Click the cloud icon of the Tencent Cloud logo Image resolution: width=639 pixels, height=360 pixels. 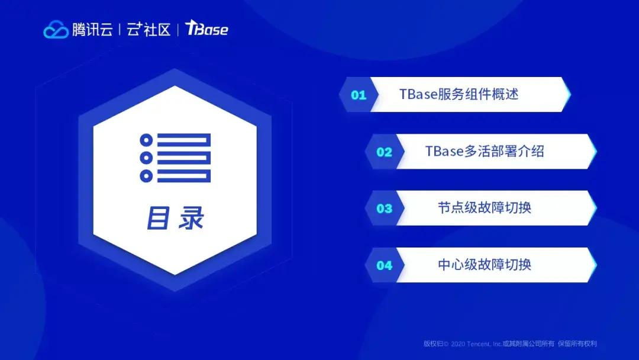(x=56, y=30)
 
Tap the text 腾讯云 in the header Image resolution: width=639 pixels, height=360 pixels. (x=92, y=30)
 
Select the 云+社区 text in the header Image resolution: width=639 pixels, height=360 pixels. (x=149, y=30)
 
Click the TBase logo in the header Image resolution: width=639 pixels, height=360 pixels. (x=206, y=28)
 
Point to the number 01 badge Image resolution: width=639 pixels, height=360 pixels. (x=359, y=95)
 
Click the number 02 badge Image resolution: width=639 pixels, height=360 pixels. (x=385, y=152)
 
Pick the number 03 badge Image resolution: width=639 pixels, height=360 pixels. (x=385, y=209)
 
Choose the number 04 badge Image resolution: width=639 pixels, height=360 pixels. (x=385, y=266)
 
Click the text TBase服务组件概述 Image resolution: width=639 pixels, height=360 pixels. (x=459, y=94)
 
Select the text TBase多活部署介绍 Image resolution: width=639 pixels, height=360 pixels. (x=485, y=151)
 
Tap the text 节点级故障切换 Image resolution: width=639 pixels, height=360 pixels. (x=485, y=208)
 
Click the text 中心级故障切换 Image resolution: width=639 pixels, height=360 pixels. (x=485, y=265)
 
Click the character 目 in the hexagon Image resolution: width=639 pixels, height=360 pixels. (x=158, y=218)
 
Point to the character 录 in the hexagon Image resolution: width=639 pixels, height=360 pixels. (x=191, y=218)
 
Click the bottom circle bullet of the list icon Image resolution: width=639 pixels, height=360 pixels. (x=146, y=176)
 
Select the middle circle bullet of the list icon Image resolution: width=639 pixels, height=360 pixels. (x=146, y=157)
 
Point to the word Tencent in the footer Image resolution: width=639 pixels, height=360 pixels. (x=479, y=344)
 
